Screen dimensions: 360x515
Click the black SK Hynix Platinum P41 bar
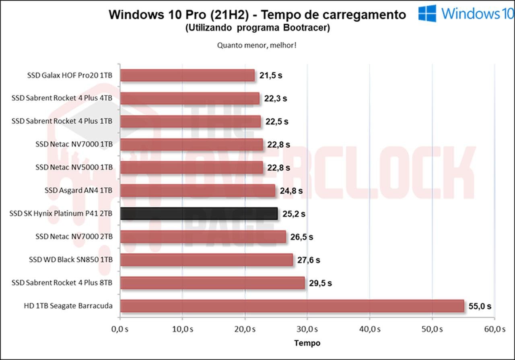click(x=199, y=214)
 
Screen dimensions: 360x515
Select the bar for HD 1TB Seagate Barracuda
click(x=292, y=306)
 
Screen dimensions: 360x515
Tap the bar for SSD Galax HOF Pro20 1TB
click(x=187, y=75)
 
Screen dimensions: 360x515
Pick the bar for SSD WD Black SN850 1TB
click(x=206, y=260)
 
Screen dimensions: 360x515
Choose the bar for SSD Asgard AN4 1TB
click(x=198, y=190)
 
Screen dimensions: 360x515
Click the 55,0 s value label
click(x=480, y=306)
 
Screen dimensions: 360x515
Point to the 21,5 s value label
click(x=271, y=75)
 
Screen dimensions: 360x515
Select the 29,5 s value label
click(x=320, y=283)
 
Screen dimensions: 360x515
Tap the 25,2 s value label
click(x=294, y=214)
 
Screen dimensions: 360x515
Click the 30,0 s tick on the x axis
click(x=307, y=329)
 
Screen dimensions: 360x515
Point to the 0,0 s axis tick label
click(x=120, y=329)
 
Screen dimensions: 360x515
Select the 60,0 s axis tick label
click(x=495, y=329)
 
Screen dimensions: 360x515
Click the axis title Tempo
click(x=307, y=343)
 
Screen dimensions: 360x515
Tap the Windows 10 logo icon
click(x=427, y=13)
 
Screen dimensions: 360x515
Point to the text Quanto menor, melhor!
click(x=257, y=45)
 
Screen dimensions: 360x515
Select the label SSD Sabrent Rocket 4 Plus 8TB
click(x=62, y=283)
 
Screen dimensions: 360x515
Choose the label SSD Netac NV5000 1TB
click(x=74, y=167)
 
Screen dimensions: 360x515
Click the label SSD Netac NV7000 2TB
click(x=74, y=236)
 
